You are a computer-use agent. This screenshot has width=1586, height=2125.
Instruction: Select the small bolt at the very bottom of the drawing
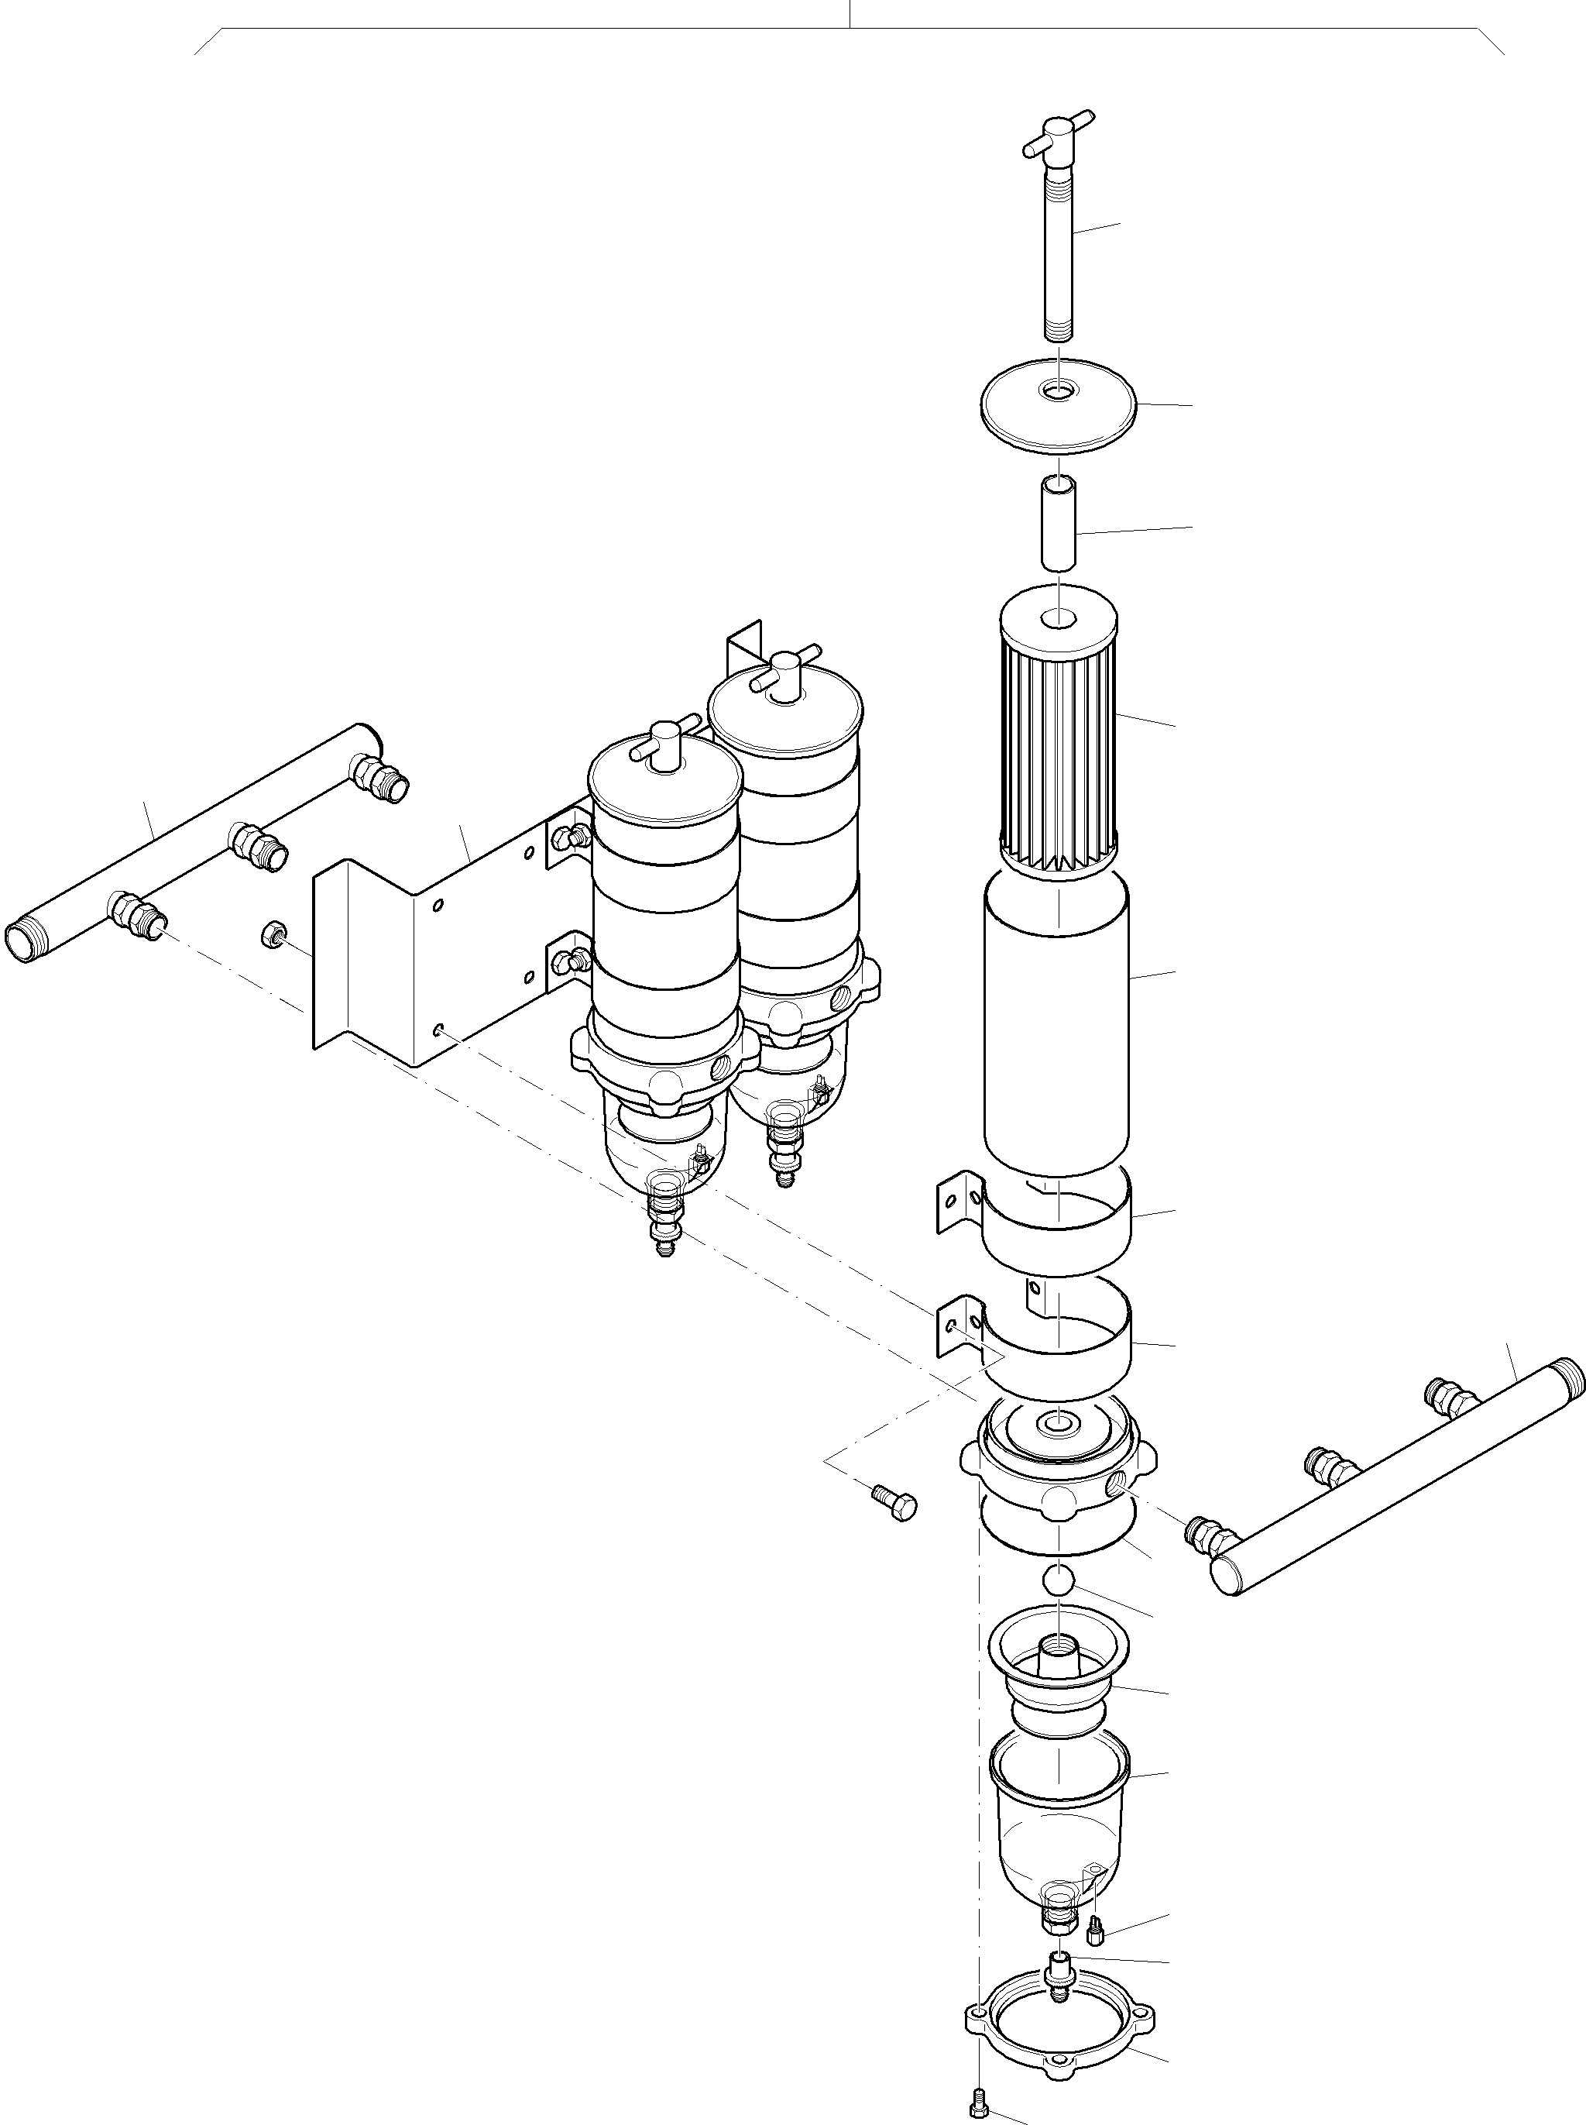pyautogui.click(x=977, y=2098)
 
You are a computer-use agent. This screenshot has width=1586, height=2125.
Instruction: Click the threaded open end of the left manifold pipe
pyautogui.click(x=21, y=942)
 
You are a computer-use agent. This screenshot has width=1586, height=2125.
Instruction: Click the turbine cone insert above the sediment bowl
pyautogui.click(x=1057, y=1676)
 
